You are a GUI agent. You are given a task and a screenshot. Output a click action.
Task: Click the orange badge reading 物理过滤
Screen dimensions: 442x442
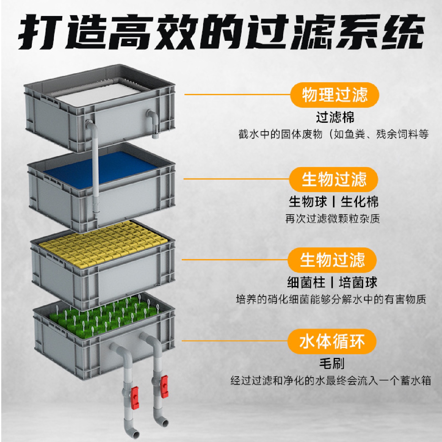(x=335, y=95)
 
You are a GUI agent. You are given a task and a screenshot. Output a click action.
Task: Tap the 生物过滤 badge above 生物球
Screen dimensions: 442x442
(x=334, y=179)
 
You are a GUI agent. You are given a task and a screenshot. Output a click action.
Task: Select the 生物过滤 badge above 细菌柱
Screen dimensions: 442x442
(x=332, y=260)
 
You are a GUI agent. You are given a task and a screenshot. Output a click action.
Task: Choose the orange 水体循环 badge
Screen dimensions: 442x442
(x=332, y=341)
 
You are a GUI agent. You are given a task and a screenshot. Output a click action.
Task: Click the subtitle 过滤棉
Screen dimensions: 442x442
(x=335, y=117)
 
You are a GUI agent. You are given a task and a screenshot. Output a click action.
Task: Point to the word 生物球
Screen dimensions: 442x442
(x=308, y=202)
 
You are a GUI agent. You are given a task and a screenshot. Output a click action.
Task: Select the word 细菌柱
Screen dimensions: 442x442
(x=306, y=282)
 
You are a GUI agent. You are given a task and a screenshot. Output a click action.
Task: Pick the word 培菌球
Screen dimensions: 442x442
(x=358, y=282)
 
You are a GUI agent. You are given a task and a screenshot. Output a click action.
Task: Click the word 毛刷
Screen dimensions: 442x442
(x=332, y=363)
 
